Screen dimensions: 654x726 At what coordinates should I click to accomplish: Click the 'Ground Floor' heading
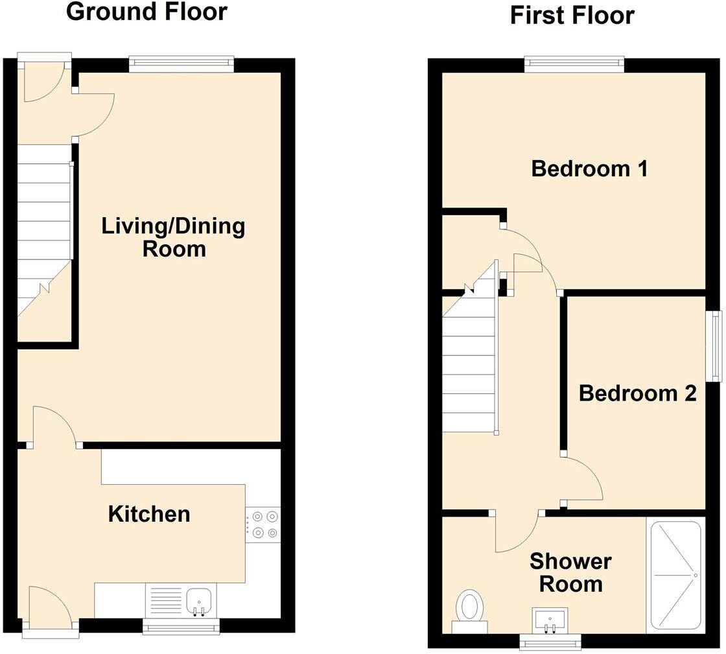[x=146, y=12]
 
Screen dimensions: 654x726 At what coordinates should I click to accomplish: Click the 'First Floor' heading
[x=572, y=15]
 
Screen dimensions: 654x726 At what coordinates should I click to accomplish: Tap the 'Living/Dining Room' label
[x=174, y=237]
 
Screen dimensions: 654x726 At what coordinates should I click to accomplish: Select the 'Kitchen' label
[x=149, y=514]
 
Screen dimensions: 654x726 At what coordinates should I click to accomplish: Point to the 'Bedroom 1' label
[x=589, y=169]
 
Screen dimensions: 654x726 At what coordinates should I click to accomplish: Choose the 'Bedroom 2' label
[x=637, y=393]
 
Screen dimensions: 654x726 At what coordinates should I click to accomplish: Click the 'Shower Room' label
[x=570, y=572]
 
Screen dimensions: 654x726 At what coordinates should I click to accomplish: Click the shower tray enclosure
[x=675, y=575]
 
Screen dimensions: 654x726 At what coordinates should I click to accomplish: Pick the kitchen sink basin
[x=199, y=601]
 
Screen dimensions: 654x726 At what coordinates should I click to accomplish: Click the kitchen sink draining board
[x=165, y=601]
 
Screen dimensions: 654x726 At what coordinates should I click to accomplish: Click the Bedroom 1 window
[x=574, y=64]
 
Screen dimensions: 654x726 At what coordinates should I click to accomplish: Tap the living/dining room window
[x=181, y=64]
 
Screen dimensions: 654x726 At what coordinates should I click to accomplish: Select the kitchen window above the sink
[x=181, y=626]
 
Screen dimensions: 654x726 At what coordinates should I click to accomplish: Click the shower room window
[x=550, y=642]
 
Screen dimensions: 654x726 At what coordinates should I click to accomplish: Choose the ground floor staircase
[x=44, y=240]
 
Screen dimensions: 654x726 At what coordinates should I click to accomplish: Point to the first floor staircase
[x=469, y=363]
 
